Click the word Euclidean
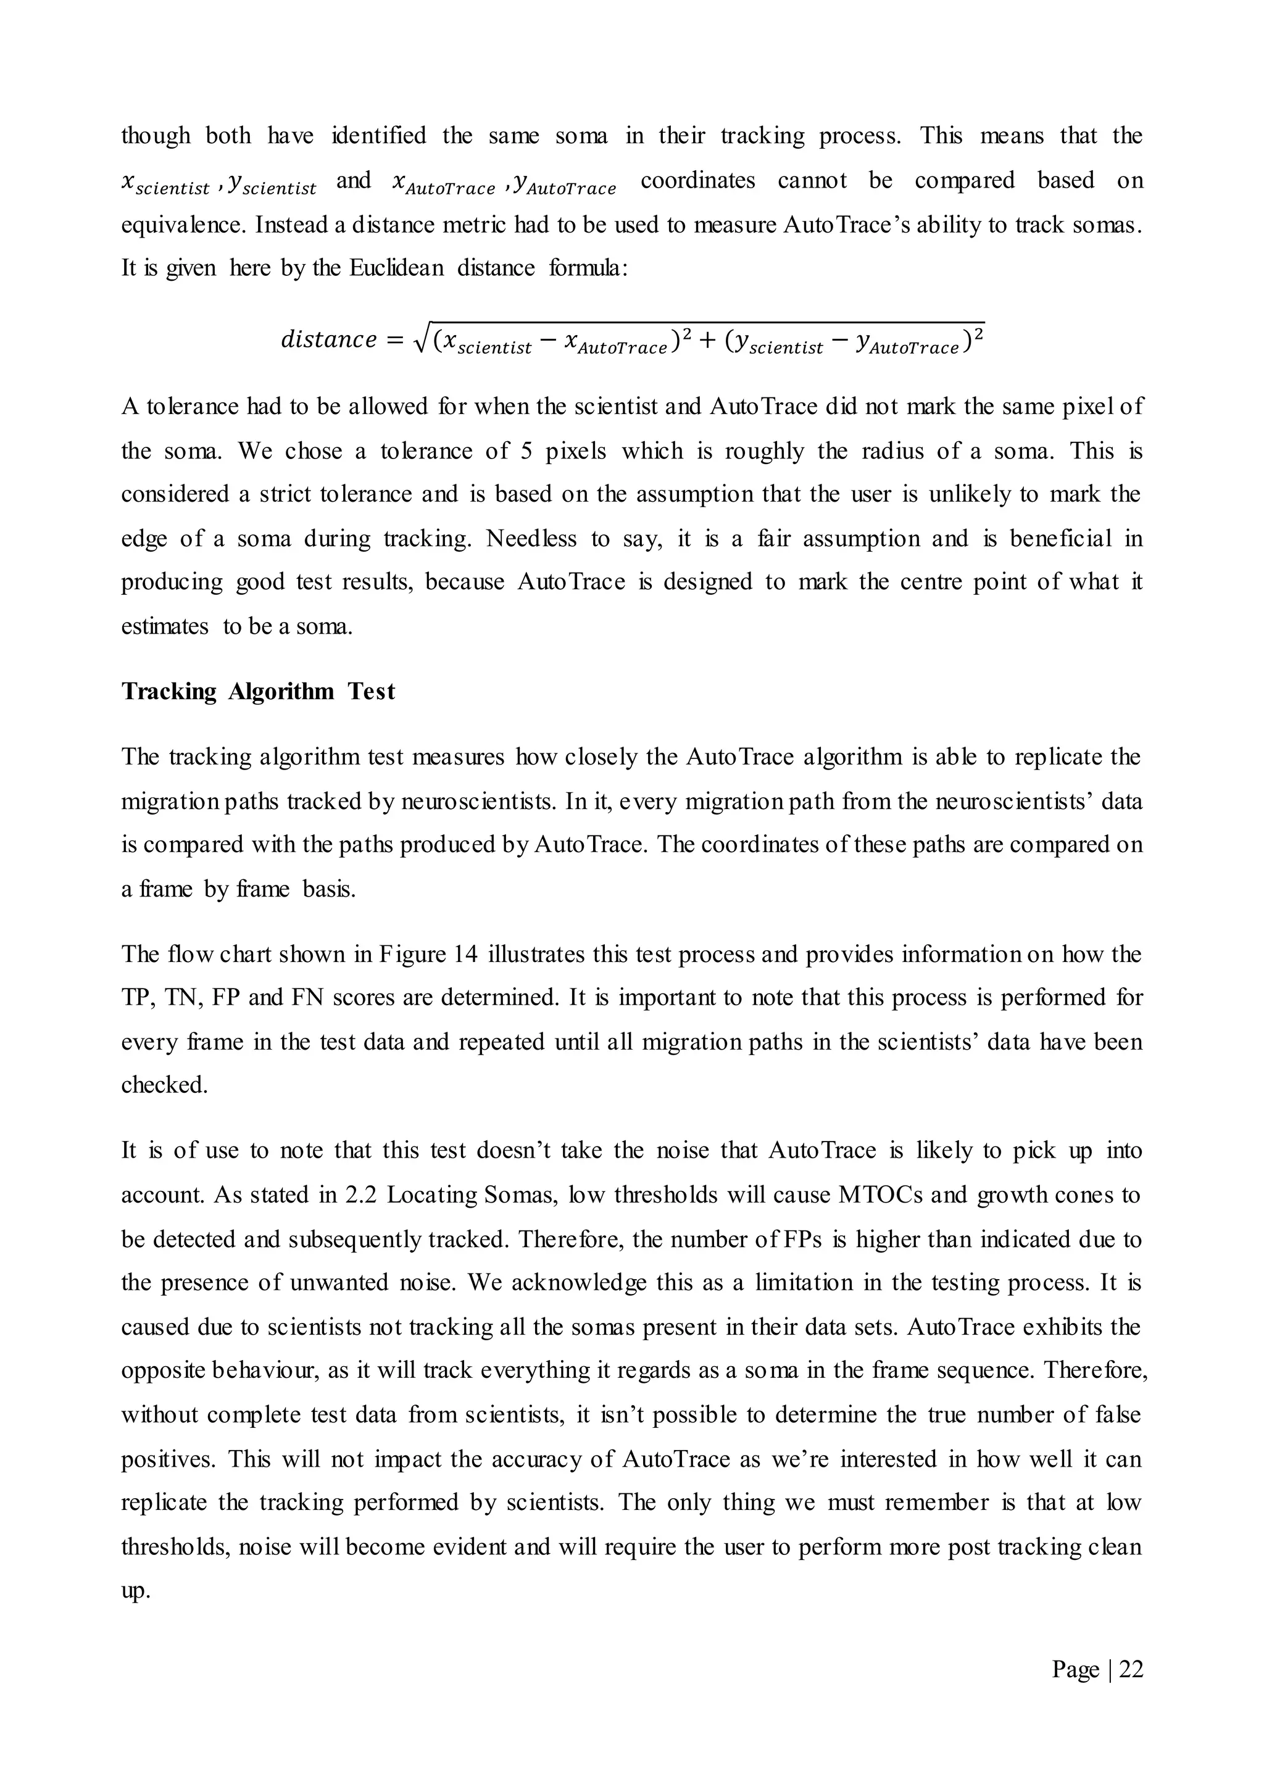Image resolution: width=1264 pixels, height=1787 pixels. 396,268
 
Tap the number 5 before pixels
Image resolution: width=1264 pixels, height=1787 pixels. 526,450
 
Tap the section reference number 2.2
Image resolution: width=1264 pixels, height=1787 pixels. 360,1195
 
